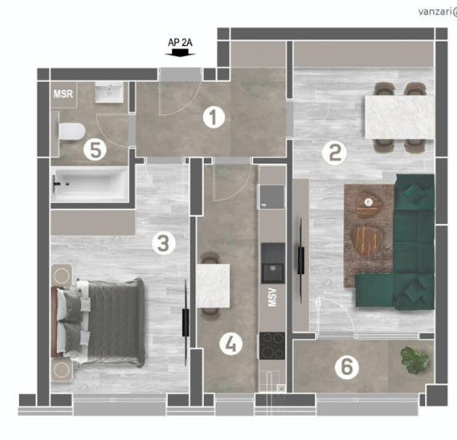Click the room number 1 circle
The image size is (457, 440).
215,118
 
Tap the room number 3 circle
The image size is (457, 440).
164,243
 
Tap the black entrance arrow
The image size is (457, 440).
180,53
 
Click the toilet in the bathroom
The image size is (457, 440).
70,131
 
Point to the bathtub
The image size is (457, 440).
89,183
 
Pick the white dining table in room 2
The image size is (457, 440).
397,118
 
